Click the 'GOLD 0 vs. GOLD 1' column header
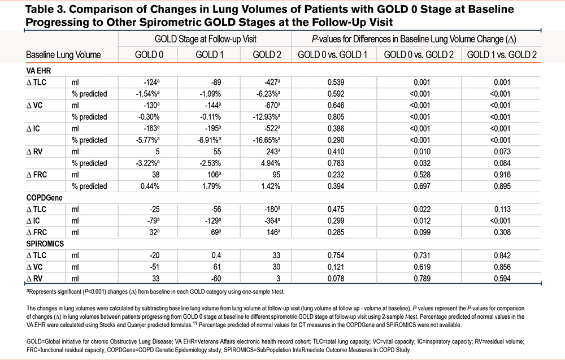point(332,55)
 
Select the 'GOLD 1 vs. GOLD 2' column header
point(502,55)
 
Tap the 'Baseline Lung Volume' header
point(63,55)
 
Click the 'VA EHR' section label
point(38,71)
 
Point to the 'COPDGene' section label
point(44,198)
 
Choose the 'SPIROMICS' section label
point(45,244)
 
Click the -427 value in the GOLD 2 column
point(272,82)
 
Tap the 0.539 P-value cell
point(336,82)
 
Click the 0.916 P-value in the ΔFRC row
point(502,175)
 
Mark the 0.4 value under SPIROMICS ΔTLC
point(216,255)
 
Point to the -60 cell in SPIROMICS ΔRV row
point(216,279)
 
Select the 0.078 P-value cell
point(336,279)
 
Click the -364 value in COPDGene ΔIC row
point(272,221)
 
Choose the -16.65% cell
point(267,140)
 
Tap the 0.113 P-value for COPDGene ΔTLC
point(502,209)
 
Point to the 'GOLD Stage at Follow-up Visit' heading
point(206,39)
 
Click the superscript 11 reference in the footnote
point(194,324)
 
